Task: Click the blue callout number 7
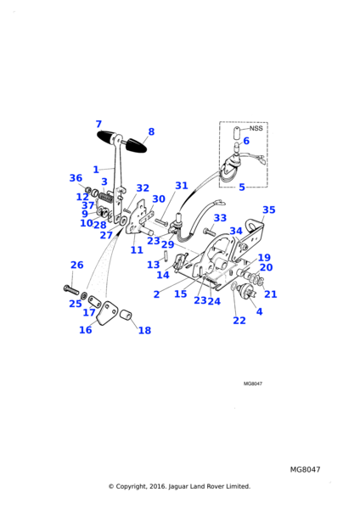click(x=98, y=124)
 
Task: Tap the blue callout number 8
click(x=151, y=131)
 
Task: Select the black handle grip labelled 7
click(x=106, y=137)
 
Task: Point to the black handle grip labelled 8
click(x=136, y=145)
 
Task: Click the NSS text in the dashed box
click(x=256, y=128)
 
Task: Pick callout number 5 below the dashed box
click(x=242, y=187)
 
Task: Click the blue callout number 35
click(x=268, y=210)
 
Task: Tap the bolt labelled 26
click(x=70, y=289)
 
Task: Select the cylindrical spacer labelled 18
click(x=126, y=316)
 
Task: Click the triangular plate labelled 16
click(x=106, y=313)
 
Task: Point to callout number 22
click(x=239, y=321)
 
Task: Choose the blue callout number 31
click(x=182, y=185)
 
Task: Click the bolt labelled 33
click(x=209, y=232)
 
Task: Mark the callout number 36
click(x=76, y=178)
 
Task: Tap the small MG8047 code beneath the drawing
click(x=253, y=383)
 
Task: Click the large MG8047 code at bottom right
click(x=305, y=469)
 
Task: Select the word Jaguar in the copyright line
click(x=178, y=486)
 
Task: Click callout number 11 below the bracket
click(x=137, y=250)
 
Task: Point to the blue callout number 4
click(x=259, y=311)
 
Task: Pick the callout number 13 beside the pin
click(x=154, y=265)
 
